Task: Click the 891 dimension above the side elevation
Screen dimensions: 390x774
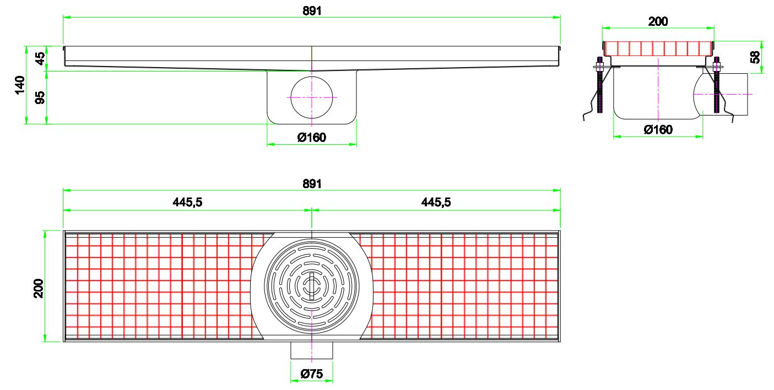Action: point(312,10)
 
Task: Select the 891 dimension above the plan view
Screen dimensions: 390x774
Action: point(312,184)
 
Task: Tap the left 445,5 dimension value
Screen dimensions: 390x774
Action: point(188,202)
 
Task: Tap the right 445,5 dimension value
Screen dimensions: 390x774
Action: point(436,202)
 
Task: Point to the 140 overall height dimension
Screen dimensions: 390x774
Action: point(19,85)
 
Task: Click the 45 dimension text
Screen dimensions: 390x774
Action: point(40,59)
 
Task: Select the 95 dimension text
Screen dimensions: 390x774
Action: point(40,97)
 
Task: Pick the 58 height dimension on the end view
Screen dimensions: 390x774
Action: point(756,56)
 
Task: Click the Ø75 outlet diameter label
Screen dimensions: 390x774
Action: point(312,374)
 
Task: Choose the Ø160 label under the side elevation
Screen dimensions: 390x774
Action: point(312,138)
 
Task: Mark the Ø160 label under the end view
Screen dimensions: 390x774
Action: point(658,130)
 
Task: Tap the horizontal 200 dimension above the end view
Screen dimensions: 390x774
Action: point(658,21)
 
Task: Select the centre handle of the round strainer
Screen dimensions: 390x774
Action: point(312,285)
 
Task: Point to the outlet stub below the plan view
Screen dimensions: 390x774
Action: point(312,350)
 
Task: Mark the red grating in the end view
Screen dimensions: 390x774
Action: point(658,48)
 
